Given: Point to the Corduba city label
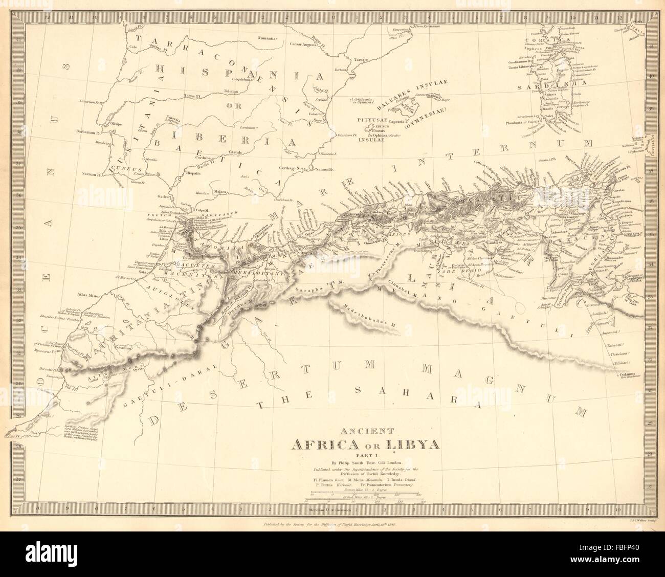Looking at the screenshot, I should [x=207, y=158].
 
